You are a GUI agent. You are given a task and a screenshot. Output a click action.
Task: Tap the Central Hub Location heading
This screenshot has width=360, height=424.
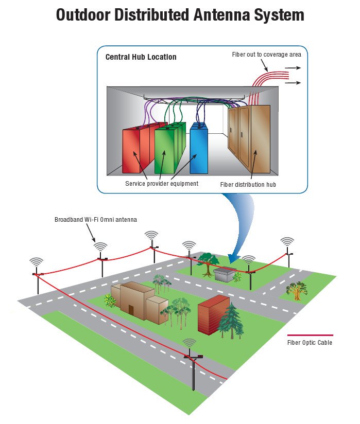[141, 57]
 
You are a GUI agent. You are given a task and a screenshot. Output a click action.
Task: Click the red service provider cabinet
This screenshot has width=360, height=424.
[135, 150]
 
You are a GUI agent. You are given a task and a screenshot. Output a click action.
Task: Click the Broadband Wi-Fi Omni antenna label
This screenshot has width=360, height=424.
[96, 220]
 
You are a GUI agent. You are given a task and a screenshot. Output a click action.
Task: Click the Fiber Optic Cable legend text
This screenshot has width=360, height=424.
[310, 342]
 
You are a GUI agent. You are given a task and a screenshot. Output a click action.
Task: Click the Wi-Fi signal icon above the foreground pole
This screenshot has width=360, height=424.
[190, 343]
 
